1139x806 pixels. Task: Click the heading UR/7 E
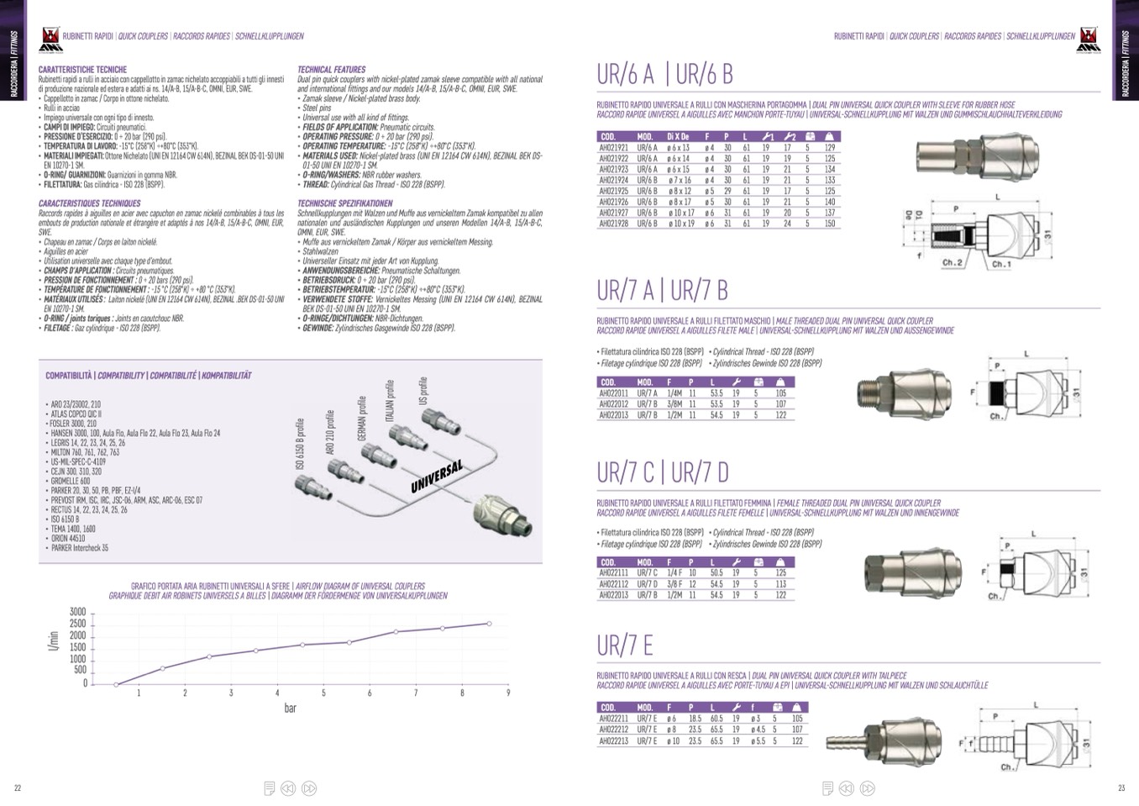click(x=624, y=645)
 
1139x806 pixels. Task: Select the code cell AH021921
click(x=613, y=148)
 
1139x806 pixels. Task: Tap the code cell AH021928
click(x=613, y=224)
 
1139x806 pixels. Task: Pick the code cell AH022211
click(x=613, y=719)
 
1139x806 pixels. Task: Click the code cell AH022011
click(x=613, y=393)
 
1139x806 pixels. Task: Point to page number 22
click(x=18, y=788)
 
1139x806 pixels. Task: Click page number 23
click(x=1121, y=788)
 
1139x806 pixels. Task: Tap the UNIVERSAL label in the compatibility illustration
click(x=437, y=477)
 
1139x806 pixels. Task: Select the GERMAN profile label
click(x=363, y=418)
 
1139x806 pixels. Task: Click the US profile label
click(x=423, y=391)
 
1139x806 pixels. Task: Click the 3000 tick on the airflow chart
click(x=77, y=612)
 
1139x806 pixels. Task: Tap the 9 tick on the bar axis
click(x=507, y=693)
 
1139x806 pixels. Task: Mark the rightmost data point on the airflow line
click(x=489, y=624)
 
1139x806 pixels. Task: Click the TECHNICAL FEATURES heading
click(x=331, y=70)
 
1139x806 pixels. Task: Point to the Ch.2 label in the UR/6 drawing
click(x=952, y=263)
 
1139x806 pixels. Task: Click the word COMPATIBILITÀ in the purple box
click(x=68, y=376)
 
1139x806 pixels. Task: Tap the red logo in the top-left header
click(x=50, y=38)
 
